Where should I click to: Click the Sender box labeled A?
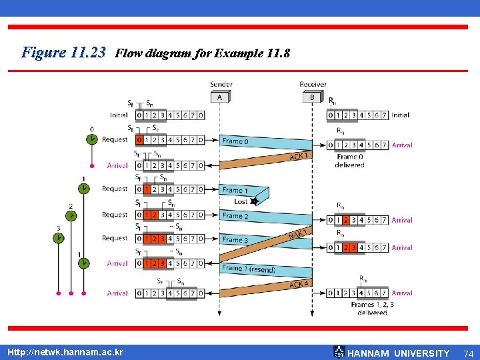click(x=220, y=97)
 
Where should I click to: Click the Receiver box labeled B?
click(x=311, y=97)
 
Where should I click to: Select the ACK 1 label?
click(x=299, y=157)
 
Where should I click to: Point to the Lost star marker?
click(x=254, y=201)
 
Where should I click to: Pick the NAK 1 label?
click(x=297, y=233)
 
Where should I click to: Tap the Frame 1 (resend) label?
click(x=249, y=269)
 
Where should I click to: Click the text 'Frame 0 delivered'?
click(x=349, y=161)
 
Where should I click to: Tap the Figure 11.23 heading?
click(x=63, y=52)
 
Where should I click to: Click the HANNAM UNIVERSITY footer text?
click(x=399, y=353)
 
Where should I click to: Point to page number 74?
click(x=468, y=353)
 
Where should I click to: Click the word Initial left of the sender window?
click(x=119, y=115)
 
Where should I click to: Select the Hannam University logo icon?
click(x=339, y=352)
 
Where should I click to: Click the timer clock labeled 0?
click(x=91, y=139)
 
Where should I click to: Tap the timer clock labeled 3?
click(x=59, y=237)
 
